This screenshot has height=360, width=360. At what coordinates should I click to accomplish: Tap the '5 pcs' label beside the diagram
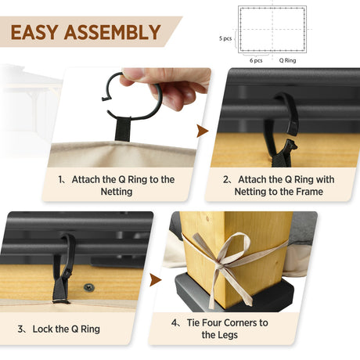tap(225, 38)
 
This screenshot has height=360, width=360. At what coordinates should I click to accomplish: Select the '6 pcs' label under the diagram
tap(256, 59)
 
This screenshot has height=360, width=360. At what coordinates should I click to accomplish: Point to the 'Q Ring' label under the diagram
tap(287, 59)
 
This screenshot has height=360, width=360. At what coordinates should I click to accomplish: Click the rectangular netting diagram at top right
tap(272, 29)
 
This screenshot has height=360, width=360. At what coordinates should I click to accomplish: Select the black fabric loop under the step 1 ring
tap(123, 128)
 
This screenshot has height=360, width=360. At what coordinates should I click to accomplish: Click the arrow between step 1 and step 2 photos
tap(202, 130)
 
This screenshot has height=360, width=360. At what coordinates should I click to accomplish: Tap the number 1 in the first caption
tap(61, 179)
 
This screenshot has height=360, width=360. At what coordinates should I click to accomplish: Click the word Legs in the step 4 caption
tap(234, 335)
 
